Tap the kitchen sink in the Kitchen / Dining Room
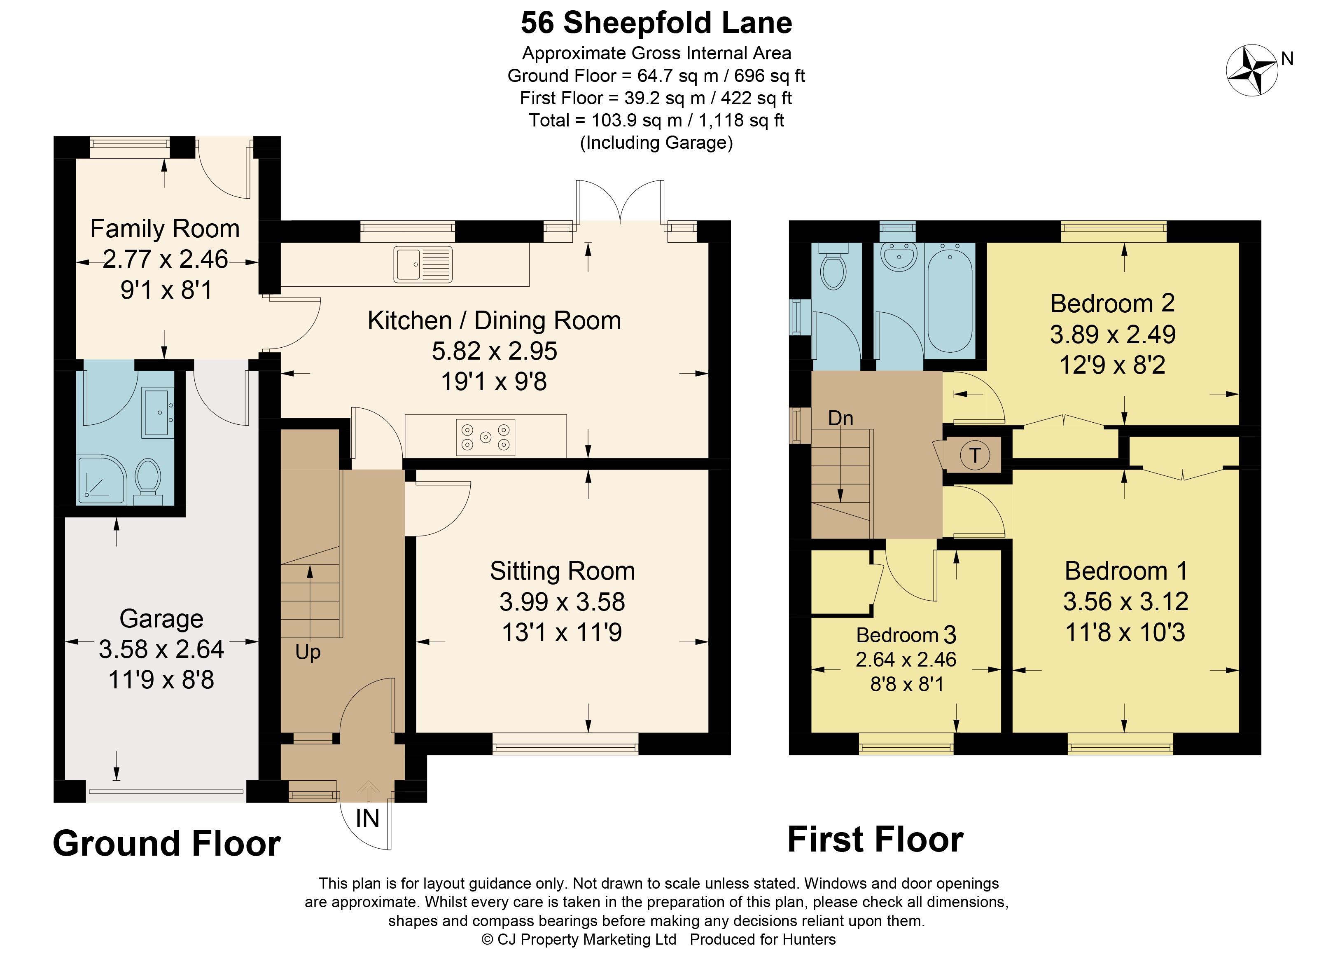point(423,264)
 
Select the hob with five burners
point(485,436)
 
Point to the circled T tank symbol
point(975,454)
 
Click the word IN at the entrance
point(367,818)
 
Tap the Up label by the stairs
point(308,652)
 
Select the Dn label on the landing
point(841,418)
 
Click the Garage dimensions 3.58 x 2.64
point(161,649)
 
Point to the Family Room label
point(165,229)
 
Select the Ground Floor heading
point(167,844)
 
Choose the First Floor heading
point(875,840)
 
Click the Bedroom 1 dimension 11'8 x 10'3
point(1125,632)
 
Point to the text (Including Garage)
point(656,143)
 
